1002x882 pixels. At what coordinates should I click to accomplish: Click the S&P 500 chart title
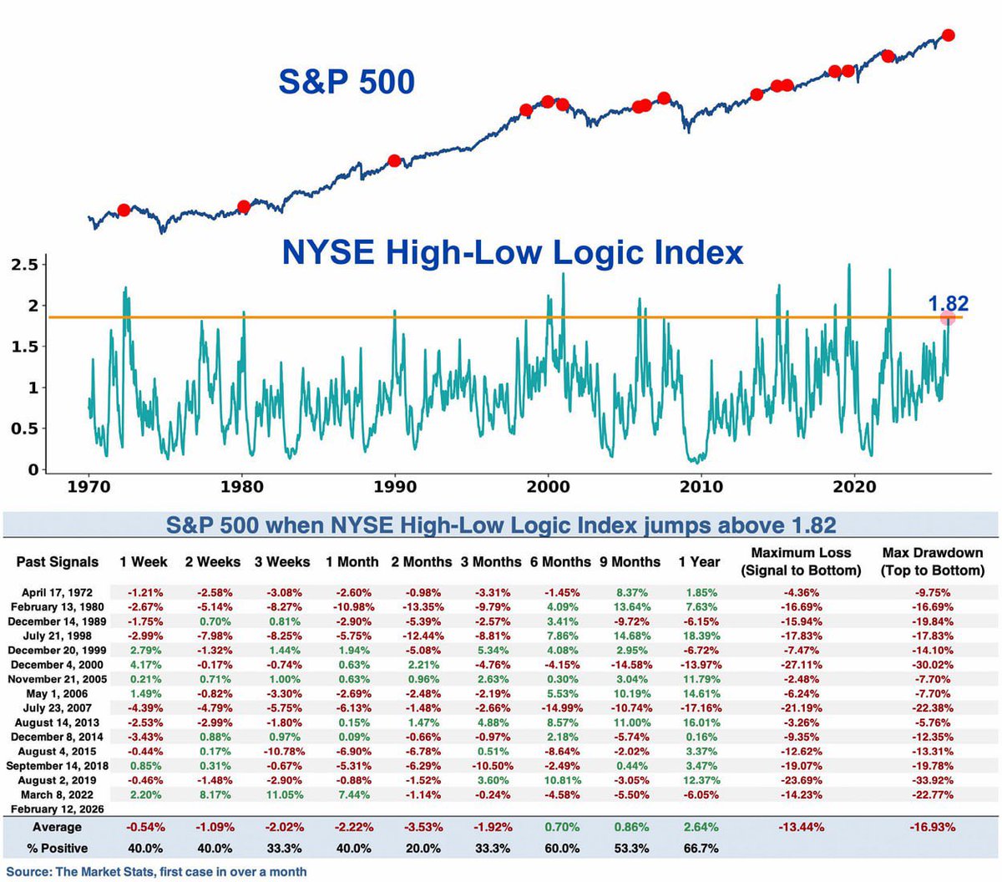pos(347,82)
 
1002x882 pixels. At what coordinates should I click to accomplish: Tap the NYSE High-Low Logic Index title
pos(512,252)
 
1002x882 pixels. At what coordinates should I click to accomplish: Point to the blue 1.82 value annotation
pos(949,303)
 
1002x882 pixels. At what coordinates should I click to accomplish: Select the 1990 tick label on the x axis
pos(395,486)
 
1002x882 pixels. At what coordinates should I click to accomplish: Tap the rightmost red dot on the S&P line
pos(948,35)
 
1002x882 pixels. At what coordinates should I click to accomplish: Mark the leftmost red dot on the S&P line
pos(124,210)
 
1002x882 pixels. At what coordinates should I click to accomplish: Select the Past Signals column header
pos(58,562)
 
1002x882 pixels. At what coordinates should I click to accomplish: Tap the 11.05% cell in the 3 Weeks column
pos(285,794)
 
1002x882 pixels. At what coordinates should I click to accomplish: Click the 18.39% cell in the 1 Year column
pos(701,636)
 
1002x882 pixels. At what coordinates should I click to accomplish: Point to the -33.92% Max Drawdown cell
pos(933,780)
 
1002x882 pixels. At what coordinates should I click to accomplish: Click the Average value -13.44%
pos(802,827)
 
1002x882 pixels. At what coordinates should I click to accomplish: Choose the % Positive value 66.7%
pos(701,848)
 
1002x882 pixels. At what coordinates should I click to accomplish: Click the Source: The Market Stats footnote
pos(156,871)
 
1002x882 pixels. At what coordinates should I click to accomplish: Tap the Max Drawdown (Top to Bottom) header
pos(933,561)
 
